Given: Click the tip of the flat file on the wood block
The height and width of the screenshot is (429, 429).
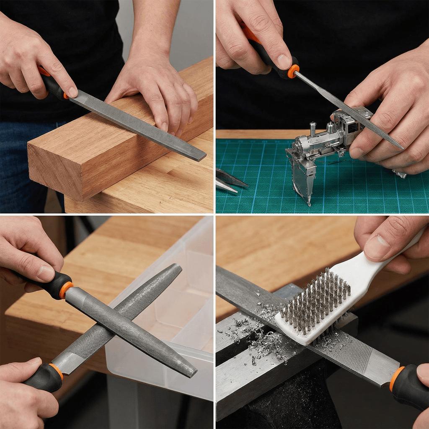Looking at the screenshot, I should coord(203,158).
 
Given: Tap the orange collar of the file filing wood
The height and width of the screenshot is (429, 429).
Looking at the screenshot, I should coord(65,96).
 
